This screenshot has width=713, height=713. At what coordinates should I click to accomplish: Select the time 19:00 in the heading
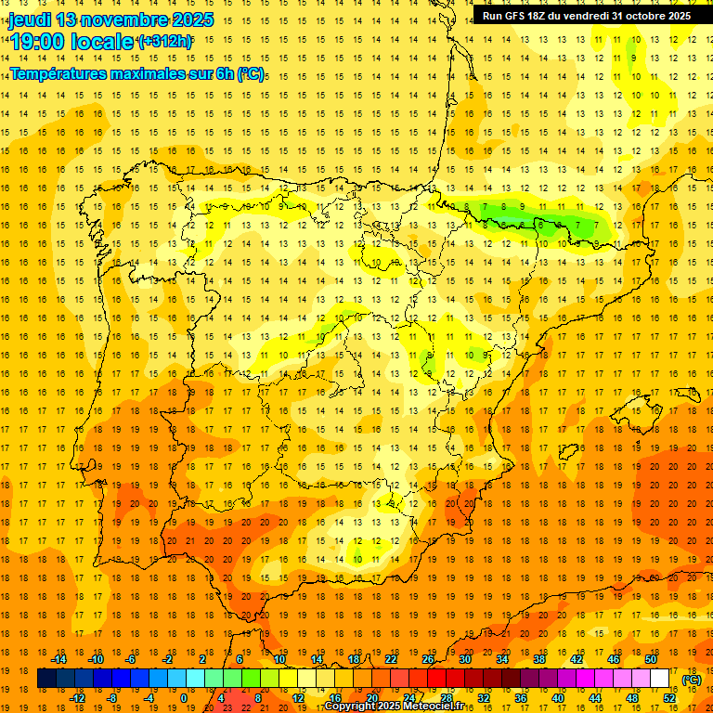(x=38, y=42)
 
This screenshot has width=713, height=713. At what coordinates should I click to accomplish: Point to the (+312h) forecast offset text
(x=165, y=41)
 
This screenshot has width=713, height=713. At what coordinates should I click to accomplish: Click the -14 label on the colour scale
(x=59, y=659)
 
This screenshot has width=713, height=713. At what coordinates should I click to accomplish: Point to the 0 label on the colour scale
(x=184, y=698)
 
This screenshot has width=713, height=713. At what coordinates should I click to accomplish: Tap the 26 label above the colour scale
(x=428, y=659)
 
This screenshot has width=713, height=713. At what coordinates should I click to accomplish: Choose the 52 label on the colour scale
(x=669, y=698)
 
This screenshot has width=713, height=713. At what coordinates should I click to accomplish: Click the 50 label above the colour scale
(x=651, y=659)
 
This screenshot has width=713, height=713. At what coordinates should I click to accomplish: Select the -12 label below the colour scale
(x=77, y=698)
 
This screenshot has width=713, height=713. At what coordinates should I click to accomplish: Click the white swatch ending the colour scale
(x=660, y=679)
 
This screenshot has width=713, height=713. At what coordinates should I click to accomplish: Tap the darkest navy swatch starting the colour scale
(x=46, y=679)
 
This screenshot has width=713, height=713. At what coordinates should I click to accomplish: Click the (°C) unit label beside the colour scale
(x=691, y=679)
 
